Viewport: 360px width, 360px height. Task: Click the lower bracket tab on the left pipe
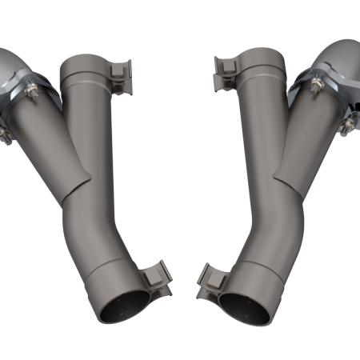coord(158,277)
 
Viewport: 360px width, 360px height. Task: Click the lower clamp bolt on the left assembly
coord(6,134)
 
